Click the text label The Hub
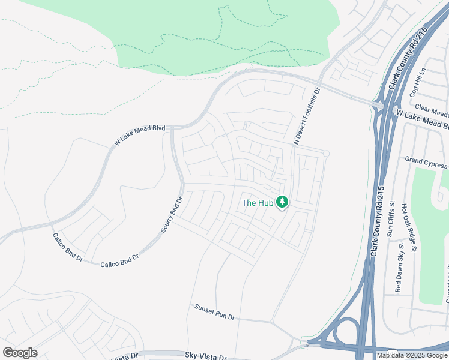pyautogui.click(x=258, y=203)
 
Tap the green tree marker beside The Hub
pyautogui.click(x=283, y=203)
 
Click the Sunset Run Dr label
pyautogui.click(x=214, y=311)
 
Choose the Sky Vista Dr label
pyautogui.click(x=206, y=356)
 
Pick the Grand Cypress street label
pyautogui.click(x=426, y=162)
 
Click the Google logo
pyautogui.click(x=20, y=353)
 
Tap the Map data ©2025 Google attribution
pyautogui.click(x=412, y=355)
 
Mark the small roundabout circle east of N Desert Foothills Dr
pyautogui.click(x=326, y=154)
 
